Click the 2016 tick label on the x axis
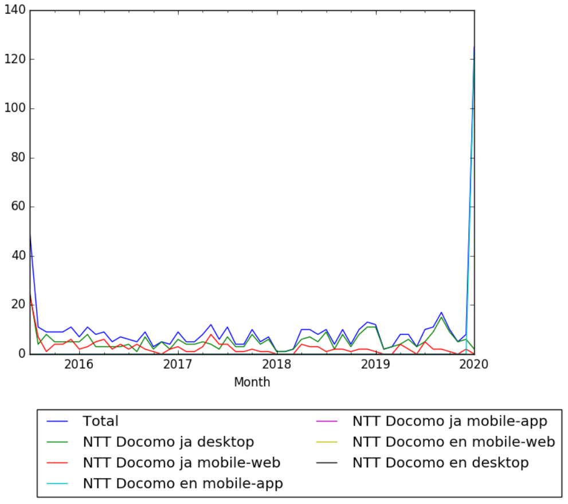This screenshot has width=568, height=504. tap(79, 365)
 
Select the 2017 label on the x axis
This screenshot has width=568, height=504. tap(178, 365)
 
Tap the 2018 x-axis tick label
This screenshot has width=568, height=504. tap(277, 365)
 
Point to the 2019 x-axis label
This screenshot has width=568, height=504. tap(375, 365)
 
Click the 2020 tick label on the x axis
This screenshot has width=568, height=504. tap(474, 365)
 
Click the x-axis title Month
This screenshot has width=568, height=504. tap(252, 382)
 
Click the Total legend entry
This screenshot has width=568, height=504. tap(100, 421)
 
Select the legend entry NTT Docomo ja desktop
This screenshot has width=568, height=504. tap(168, 442)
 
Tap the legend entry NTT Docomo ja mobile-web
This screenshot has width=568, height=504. tap(181, 463)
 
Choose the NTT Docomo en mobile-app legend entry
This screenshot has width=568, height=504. tap(183, 483)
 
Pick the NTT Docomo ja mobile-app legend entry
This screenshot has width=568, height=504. tap(449, 421)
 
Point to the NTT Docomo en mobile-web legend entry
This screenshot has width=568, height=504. tap(453, 442)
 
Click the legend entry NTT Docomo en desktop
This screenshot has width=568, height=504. tap(440, 463)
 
